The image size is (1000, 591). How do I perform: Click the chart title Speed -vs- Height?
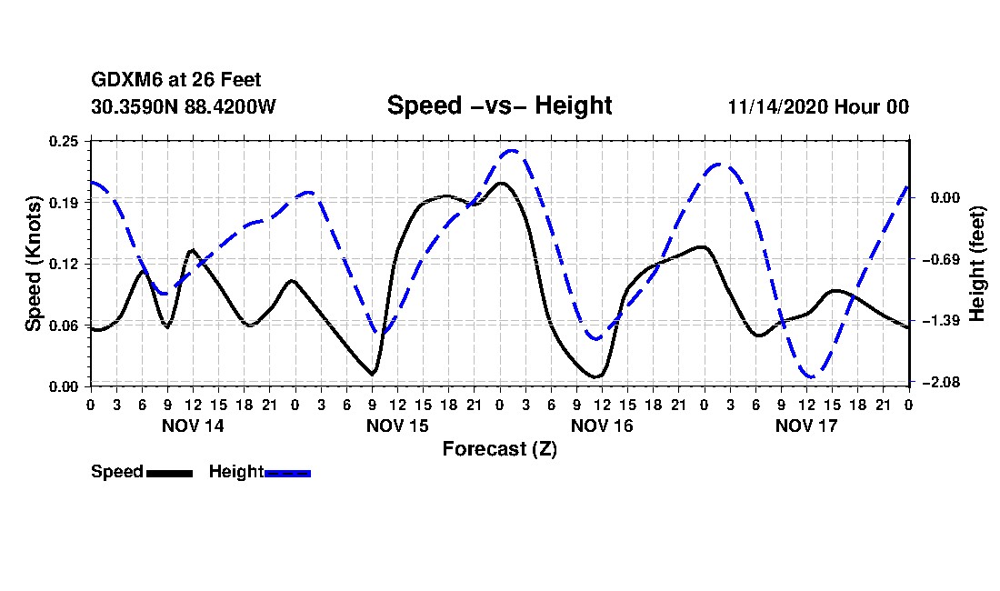click(499, 105)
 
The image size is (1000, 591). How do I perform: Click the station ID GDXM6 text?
click(123, 81)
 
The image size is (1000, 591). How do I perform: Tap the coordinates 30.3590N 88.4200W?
click(183, 106)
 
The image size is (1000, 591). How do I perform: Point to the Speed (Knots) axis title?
click(34, 263)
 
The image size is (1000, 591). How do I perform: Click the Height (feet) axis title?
click(977, 263)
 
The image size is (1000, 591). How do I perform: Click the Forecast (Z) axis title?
click(499, 448)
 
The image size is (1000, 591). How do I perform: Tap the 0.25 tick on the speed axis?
click(65, 141)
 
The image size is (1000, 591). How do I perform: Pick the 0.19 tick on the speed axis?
click(65, 202)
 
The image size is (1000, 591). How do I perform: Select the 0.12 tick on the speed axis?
click(65, 264)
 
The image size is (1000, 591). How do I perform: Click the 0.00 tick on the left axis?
click(65, 386)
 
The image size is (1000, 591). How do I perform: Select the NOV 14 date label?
click(192, 426)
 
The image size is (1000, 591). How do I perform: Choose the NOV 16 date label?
click(602, 426)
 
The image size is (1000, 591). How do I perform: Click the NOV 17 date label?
click(806, 426)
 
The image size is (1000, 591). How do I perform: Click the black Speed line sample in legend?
click(169, 473)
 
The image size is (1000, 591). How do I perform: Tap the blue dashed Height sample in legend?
click(287, 473)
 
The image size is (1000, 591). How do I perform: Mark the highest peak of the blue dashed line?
click(512, 151)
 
